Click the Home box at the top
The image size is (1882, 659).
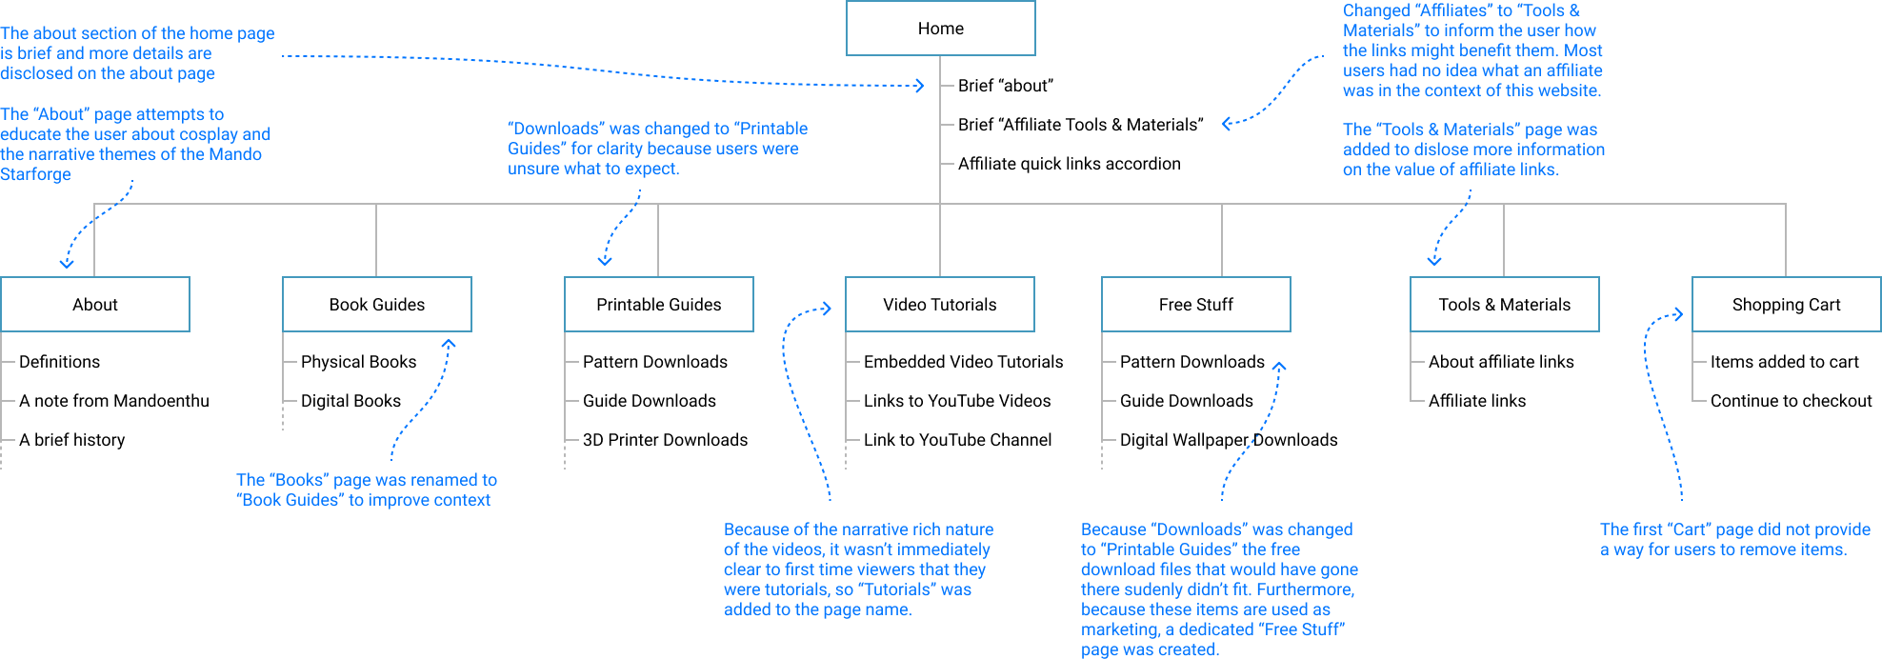point(940,29)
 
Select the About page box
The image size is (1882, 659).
point(95,305)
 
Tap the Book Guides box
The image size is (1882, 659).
point(377,305)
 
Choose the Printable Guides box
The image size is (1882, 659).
point(658,305)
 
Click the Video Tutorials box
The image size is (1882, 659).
point(939,305)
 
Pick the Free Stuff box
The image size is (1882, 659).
point(1195,305)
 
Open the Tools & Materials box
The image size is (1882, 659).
point(1504,305)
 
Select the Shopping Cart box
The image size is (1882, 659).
point(1786,305)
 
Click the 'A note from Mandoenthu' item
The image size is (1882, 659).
point(114,401)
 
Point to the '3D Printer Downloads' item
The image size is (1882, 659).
point(665,440)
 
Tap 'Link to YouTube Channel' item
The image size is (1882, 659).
point(957,440)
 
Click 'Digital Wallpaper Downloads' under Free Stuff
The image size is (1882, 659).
point(1228,440)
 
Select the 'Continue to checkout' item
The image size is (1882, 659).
point(1791,401)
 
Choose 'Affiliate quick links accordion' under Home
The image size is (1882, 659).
point(1069,164)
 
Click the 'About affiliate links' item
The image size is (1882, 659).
point(1501,362)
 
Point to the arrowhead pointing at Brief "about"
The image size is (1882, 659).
point(920,86)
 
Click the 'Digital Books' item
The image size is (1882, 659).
point(350,401)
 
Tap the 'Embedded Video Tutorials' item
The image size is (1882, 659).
point(963,362)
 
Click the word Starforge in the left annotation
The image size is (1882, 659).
point(35,174)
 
